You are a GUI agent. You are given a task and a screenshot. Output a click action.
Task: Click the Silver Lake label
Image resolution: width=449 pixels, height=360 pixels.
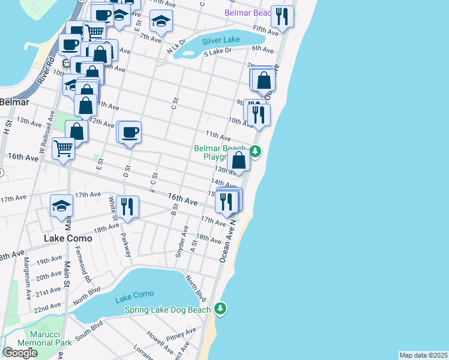click(x=221, y=40)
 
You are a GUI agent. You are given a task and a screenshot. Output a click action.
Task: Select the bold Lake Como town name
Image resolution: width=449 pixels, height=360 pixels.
click(x=68, y=238)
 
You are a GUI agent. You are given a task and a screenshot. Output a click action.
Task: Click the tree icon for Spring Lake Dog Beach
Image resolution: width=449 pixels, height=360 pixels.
click(x=221, y=308)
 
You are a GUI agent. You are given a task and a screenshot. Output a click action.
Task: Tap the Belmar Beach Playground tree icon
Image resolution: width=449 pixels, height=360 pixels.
click(x=255, y=151)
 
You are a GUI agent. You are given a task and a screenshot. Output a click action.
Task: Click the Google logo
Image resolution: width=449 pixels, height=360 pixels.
click(x=20, y=352)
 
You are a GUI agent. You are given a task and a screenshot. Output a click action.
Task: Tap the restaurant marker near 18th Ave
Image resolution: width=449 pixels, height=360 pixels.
click(x=127, y=207)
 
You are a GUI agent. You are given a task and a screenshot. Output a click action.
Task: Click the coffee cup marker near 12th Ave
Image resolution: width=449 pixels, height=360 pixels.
click(x=130, y=132)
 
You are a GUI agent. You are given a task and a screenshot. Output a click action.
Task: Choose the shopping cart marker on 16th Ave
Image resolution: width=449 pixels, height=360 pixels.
click(x=63, y=148)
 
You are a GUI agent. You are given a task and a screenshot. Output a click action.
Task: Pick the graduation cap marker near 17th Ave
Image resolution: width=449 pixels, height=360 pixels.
click(x=61, y=206)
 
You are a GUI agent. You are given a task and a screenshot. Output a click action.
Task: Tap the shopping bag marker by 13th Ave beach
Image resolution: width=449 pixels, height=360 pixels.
click(x=239, y=160)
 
